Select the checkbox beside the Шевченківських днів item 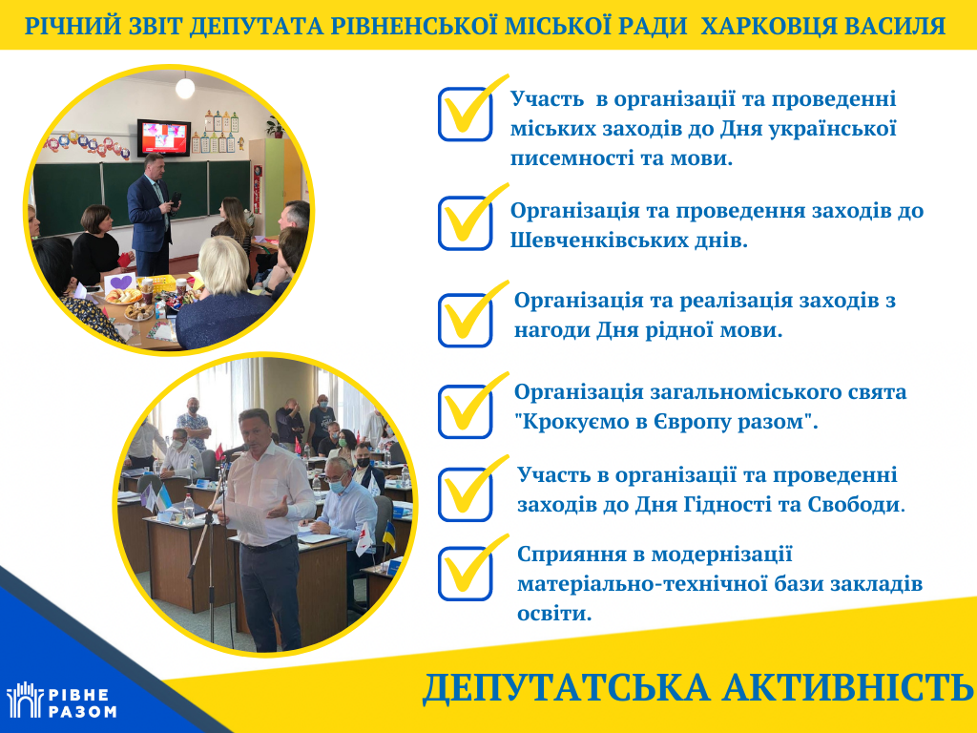pos(465,223)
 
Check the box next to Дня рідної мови pos(465,321)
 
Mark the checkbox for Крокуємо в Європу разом pos(465,411)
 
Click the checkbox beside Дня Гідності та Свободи pos(465,494)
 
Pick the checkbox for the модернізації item pos(465,574)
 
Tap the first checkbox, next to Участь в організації pos(465,115)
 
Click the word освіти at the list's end pos(554,614)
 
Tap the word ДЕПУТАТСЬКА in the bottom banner pos(566,687)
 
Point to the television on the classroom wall pos(164,137)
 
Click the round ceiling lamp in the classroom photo pos(185,88)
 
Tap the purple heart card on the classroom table pos(121,283)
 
